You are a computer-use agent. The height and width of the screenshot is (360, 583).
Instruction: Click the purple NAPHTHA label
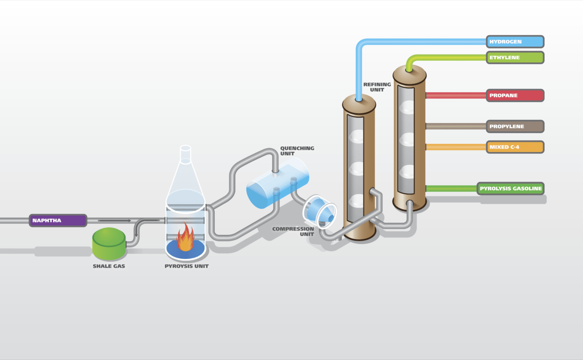58,221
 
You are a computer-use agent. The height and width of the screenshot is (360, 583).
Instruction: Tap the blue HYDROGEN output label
515,42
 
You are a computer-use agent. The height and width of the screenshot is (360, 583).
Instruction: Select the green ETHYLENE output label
515,58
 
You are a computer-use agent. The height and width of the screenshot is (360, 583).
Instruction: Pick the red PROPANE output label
515,95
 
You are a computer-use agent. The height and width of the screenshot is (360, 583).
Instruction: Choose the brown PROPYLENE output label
515,127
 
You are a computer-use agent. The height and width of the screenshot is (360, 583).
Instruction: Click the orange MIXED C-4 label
515,147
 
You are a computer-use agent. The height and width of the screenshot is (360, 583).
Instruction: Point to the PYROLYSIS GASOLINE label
511,188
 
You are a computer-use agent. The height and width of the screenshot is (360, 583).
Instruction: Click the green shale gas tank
109,243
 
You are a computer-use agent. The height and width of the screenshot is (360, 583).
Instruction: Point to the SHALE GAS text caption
109,266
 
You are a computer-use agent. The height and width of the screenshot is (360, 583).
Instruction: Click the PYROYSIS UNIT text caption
187,266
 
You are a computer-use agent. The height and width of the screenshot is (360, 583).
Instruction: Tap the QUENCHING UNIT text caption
297,151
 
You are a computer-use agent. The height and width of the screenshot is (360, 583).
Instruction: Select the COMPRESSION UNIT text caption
293,232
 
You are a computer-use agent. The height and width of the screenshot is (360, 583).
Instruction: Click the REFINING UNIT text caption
377,87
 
